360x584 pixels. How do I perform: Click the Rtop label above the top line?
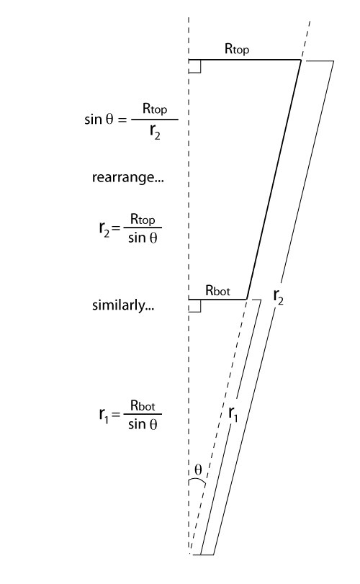237,49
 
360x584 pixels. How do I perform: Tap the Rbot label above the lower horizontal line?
217,290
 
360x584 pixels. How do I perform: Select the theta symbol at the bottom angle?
198,470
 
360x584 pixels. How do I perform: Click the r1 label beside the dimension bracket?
233,414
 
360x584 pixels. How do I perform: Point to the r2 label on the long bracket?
278,297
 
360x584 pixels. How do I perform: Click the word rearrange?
127,177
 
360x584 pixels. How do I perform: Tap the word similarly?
123,305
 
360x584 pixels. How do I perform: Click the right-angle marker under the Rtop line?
195,67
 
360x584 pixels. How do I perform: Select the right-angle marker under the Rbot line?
195,306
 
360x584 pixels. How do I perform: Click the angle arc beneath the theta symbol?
197,481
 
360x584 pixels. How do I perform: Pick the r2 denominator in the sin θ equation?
155,131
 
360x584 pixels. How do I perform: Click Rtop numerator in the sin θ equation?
155,109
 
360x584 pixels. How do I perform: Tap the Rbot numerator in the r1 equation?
143,405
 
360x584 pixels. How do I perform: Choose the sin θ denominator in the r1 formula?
143,424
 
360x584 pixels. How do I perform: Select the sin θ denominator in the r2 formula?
143,238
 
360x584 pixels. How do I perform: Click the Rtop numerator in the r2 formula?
143,220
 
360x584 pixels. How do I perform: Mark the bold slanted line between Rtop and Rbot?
274,179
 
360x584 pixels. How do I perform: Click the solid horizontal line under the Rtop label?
245,60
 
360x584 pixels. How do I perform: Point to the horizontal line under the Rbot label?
217,299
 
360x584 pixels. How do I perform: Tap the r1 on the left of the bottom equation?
104,415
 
